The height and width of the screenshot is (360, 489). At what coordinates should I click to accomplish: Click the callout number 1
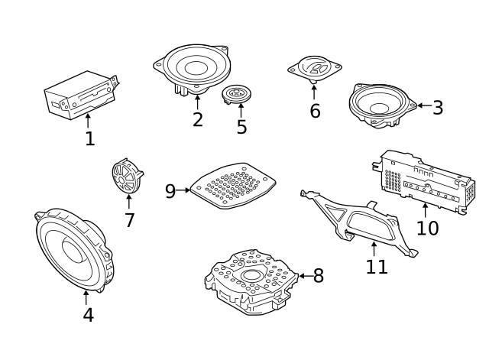[90, 138]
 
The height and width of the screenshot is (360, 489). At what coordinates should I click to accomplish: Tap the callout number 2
[198, 119]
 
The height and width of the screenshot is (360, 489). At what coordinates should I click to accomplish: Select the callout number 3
[438, 108]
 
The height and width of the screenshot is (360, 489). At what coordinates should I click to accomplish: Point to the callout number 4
[89, 315]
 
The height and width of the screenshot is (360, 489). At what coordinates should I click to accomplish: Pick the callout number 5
[241, 127]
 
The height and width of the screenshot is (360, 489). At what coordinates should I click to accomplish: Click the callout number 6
[315, 111]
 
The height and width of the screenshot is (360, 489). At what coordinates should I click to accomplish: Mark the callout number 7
[129, 220]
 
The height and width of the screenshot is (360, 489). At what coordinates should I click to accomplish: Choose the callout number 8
[319, 276]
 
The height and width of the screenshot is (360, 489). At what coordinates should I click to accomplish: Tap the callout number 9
[170, 191]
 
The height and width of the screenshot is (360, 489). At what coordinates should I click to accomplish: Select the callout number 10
[428, 228]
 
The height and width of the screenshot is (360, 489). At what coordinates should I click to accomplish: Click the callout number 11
[377, 267]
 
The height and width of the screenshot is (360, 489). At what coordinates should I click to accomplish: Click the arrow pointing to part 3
[425, 105]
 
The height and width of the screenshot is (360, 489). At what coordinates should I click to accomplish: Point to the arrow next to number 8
[306, 276]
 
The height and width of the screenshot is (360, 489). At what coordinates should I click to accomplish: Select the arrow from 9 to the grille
[183, 190]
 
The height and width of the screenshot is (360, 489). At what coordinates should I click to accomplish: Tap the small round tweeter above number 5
[236, 95]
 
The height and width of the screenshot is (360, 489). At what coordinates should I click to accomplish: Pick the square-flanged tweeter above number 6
[315, 69]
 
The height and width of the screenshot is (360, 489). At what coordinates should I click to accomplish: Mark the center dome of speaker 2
[196, 68]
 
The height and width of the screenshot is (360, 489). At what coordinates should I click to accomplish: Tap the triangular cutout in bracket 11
[335, 212]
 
